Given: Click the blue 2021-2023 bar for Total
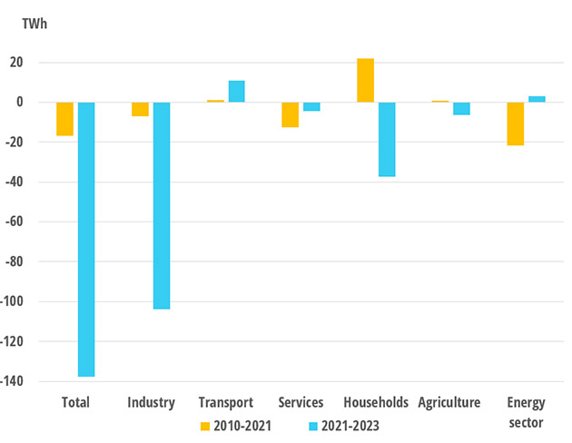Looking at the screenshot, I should (86, 239).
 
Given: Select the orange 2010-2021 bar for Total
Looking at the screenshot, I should (64, 119).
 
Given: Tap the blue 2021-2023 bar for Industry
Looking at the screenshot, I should (162, 205).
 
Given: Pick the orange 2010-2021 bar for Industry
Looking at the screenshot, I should (140, 109).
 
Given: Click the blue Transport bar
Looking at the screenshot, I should (236, 92).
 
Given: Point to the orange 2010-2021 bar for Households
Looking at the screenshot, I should (365, 80).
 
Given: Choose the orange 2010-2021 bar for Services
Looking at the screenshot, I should (290, 114).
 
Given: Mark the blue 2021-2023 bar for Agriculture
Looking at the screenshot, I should (462, 108).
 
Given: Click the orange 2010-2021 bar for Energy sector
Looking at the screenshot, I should (515, 123).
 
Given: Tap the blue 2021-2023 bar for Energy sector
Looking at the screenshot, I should (537, 99).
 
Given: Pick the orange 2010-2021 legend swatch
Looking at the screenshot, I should (206, 426).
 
